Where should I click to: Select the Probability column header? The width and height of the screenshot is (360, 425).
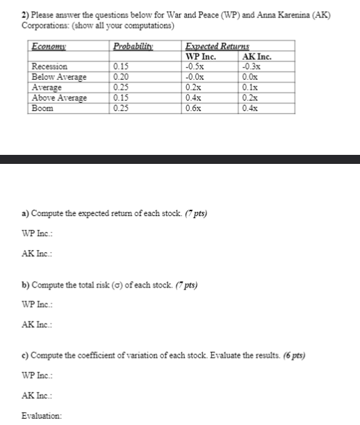133,47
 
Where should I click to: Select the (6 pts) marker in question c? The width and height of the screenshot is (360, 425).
292,355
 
